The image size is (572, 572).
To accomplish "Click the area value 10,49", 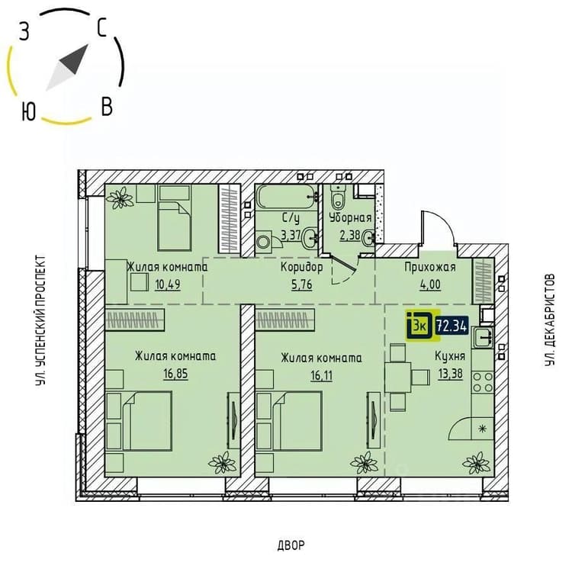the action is tap(168, 284).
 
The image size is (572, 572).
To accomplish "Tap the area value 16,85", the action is tap(176, 374).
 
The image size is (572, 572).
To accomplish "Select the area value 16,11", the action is tap(321, 375).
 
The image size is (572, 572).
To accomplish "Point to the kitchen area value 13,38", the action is tap(451, 374).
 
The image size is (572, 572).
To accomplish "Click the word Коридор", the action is tap(302, 268).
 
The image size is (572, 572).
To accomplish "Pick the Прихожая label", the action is tap(430, 267).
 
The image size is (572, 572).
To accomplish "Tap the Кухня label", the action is tap(450, 356).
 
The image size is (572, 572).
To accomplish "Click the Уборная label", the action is tap(350, 218).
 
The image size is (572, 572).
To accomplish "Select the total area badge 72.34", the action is tap(452, 326).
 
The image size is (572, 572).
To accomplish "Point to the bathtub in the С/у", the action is tap(287, 197).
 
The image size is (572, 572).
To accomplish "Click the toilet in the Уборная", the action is tap(339, 197).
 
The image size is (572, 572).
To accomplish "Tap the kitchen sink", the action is tap(483, 337).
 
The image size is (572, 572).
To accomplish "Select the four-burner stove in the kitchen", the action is tap(483, 382).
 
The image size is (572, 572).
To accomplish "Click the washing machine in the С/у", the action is tap(264, 241).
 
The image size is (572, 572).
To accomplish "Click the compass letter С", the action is tap(101, 28).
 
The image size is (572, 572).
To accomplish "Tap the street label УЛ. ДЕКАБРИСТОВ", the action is tap(550, 320).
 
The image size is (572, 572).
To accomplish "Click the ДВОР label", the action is tap(291, 545).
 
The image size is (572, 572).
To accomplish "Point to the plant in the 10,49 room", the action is tap(119, 198).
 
